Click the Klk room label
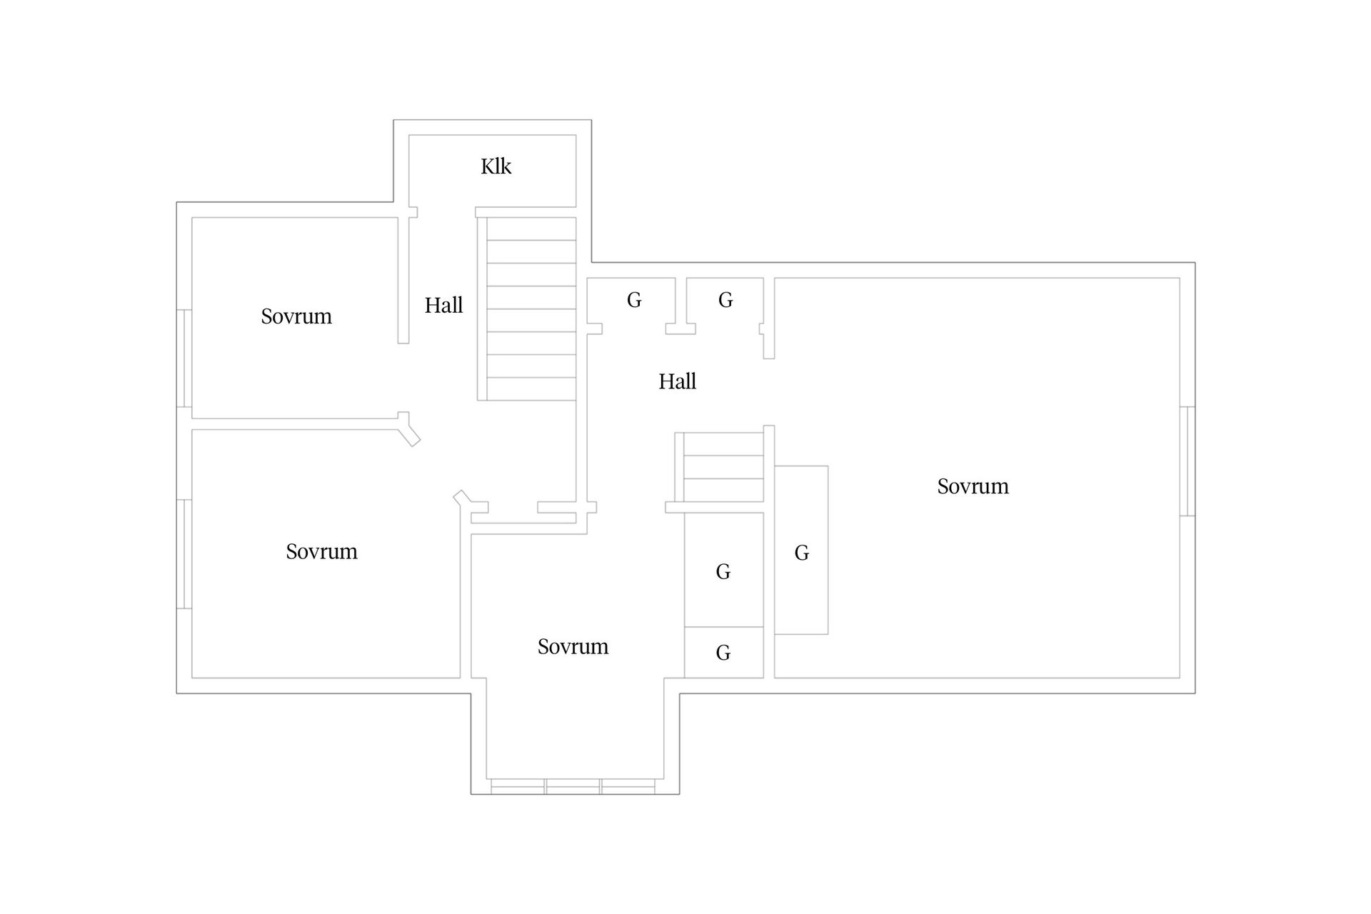click(496, 166)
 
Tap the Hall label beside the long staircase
click(443, 306)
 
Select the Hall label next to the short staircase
click(677, 381)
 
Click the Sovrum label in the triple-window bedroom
click(573, 646)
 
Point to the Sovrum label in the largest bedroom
click(973, 486)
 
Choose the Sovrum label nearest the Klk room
click(296, 316)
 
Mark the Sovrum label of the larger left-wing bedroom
click(321, 551)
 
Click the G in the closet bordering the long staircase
click(634, 300)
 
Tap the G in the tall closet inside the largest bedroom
click(802, 553)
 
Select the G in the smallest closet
click(723, 653)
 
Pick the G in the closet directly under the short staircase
click(723, 571)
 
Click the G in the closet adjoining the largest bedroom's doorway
click(725, 300)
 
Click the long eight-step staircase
click(531, 308)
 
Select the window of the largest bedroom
click(1187, 461)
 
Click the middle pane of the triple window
click(573, 786)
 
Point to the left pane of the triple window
click(518, 786)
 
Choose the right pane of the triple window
click(628, 786)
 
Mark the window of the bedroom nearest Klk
click(184, 358)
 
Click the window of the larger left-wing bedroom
click(184, 554)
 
